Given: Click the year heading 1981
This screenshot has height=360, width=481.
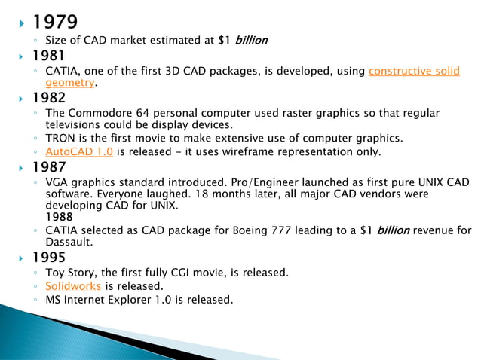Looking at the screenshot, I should (48, 56).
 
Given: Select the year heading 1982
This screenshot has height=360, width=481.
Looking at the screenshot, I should (48, 98).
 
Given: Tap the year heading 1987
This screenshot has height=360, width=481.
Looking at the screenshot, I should (48, 167).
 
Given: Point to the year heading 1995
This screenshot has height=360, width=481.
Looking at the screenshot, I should (48, 258).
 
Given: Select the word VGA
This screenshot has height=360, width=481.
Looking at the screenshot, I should (57, 182).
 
